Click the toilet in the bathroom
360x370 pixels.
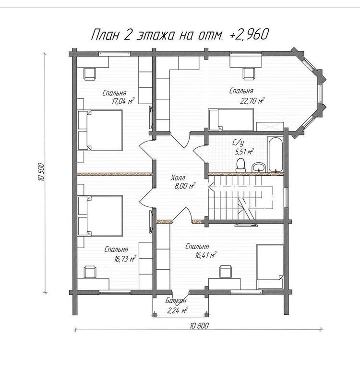[x=240, y=165]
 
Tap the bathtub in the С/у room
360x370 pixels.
[x=275, y=154]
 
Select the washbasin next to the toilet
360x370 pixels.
[x=259, y=167]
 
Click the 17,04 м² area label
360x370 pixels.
[x=123, y=101]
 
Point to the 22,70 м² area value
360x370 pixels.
[x=252, y=101]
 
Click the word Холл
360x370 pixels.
[x=178, y=178]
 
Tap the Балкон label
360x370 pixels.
[x=176, y=300]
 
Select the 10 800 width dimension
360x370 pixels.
[x=199, y=326]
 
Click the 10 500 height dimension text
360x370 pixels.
[x=41, y=172]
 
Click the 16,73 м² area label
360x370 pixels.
[x=125, y=259]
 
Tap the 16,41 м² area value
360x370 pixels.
[x=205, y=255]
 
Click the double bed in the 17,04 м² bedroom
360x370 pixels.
[x=100, y=130]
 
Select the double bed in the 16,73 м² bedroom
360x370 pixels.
[x=100, y=215]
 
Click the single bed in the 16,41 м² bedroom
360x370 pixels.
[x=270, y=266]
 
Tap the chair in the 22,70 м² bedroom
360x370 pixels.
[x=249, y=73]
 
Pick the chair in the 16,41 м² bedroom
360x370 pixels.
[x=226, y=271]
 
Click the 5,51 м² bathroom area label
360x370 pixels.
[x=244, y=152]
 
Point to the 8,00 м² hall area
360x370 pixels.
[x=185, y=186]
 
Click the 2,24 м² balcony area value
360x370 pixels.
[x=177, y=310]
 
